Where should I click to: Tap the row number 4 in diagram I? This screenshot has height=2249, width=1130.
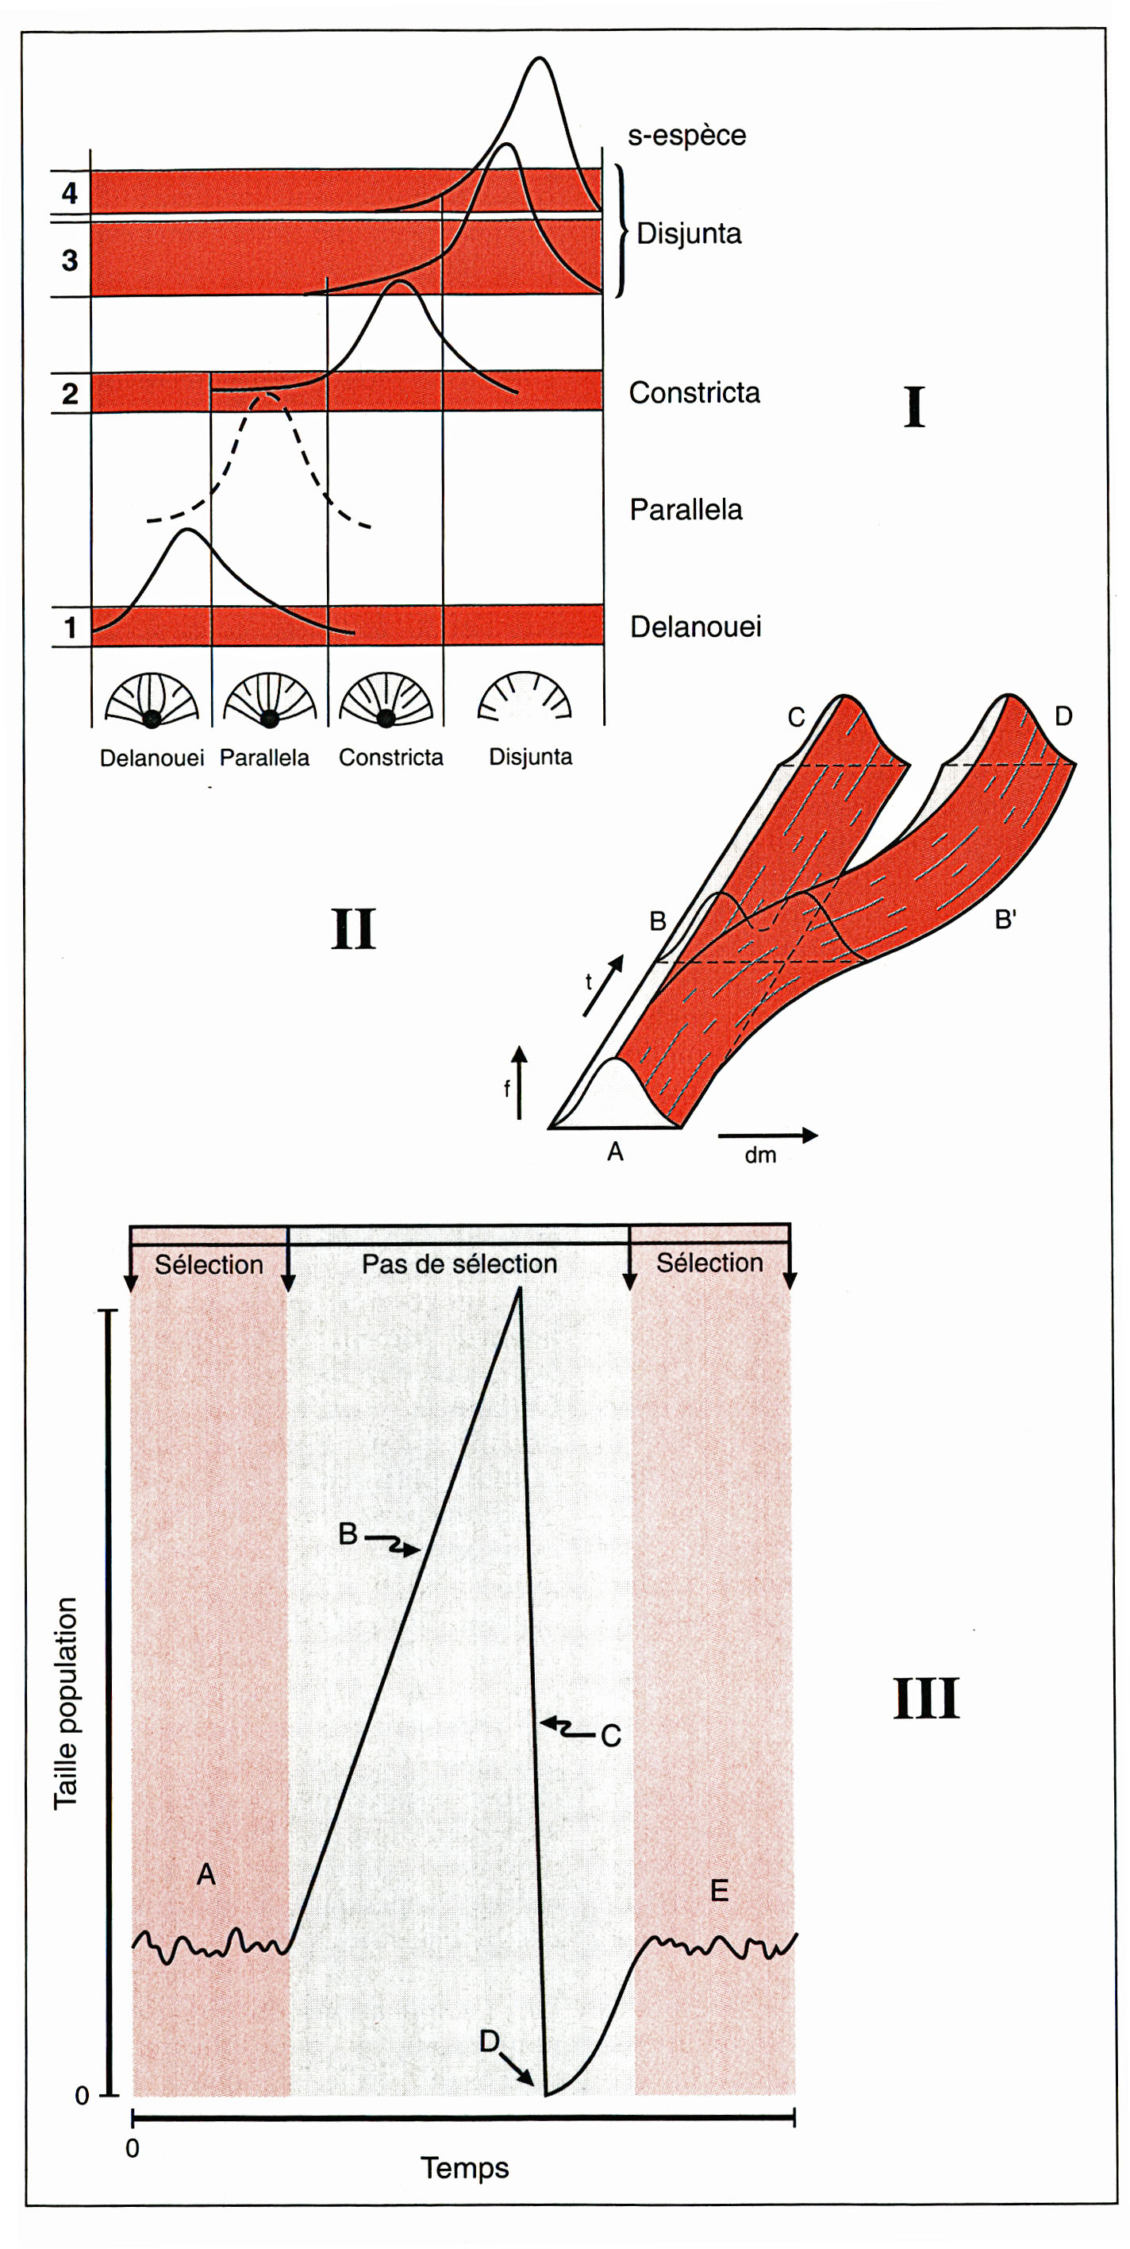tap(70, 193)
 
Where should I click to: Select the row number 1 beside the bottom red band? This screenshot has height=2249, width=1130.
tap(70, 627)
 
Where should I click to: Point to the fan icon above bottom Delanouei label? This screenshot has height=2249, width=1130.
tap(152, 700)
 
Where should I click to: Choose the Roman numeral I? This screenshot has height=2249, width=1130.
tap(913, 407)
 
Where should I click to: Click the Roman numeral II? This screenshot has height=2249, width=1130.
tap(353, 929)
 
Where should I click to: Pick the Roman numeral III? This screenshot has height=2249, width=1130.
tap(926, 1698)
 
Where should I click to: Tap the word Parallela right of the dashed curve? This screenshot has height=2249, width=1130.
tap(686, 510)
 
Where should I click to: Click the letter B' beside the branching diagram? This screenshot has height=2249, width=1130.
tap(1005, 920)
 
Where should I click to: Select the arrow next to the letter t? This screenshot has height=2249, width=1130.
tap(604, 985)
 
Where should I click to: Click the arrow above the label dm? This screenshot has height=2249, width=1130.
tap(768, 1135)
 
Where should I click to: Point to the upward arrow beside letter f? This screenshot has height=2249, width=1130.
tap(519, 1082)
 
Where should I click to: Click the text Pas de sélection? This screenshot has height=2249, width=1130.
tap(459, 1263)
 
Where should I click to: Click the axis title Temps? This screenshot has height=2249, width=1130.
tap(464, 2168)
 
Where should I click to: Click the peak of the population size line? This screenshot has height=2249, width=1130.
tap(521, 1290)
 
